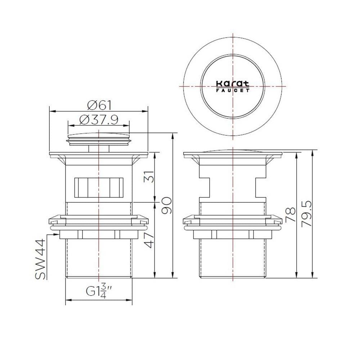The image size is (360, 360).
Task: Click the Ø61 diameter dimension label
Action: click(x=99, y=105)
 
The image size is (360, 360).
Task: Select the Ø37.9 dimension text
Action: click(x=99, y=120)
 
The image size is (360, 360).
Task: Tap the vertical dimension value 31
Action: click(x=149, y=176)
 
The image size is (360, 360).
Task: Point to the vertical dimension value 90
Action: click(x=166, y=206)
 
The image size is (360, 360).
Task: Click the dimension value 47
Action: click(x=149, y=240)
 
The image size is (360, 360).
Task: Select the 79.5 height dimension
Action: click(x=306, y=214)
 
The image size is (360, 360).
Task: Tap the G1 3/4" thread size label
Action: click(x=99, y=291)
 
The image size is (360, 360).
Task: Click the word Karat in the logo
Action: click(x=233, y=84)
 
